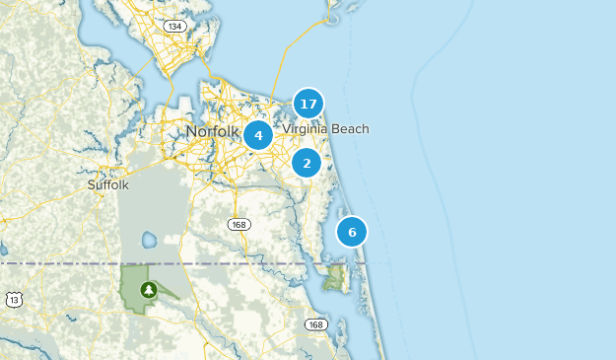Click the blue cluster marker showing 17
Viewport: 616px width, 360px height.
(308, 104)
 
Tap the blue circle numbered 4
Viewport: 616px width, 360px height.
(258, 135)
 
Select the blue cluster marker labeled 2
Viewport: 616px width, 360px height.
(307, 164)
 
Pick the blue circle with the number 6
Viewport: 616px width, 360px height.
(352, 232)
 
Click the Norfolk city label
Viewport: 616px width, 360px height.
(213, 132)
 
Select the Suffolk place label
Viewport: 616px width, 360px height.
(107, 184)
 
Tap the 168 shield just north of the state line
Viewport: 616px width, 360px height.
(238, 225)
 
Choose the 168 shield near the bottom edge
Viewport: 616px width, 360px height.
(315, 324)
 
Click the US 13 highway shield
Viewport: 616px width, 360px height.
(13, 298)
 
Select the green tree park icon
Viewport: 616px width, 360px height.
(149, 290)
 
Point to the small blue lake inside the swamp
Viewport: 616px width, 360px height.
(149, 240)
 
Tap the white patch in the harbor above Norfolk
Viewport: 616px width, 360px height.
(185, 105)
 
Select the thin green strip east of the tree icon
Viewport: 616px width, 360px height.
(170, 292)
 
